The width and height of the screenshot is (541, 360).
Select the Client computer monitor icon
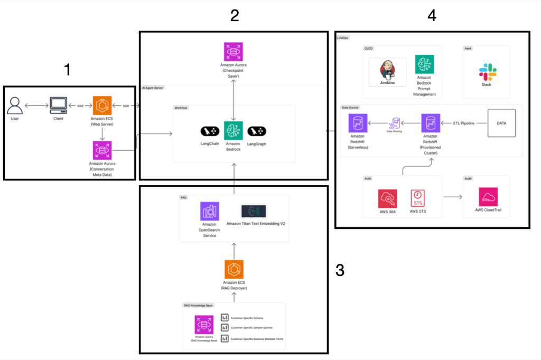(x=58, y=105)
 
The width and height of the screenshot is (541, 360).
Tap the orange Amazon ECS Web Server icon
(x=102, y=105)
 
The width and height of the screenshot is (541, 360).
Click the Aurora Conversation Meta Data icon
(x=102, y=151)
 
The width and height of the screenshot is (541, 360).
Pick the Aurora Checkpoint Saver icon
(x=233, y=52)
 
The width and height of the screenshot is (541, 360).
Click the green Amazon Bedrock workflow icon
(x=233, y=131)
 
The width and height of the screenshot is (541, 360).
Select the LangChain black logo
(x=210, y=131)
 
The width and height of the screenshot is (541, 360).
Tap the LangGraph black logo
(x=257, y=131)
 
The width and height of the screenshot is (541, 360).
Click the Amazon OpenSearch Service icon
(x=210, y=211)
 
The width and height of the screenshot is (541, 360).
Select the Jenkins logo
(x=388, y=72)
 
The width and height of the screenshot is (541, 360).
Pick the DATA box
(x=501, y=123)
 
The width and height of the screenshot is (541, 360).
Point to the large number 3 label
(x=340, y=271)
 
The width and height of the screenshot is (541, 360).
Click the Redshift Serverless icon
(x=358, y=123)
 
